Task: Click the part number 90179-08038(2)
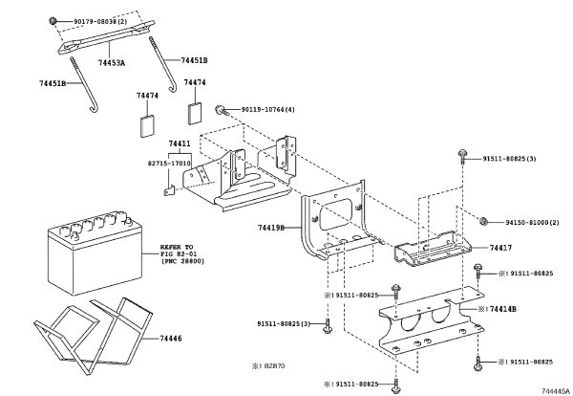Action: click(x=100, y=22)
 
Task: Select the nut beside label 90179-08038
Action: click(x=53, y=21)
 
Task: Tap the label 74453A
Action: click(x=112, y=63)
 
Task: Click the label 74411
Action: click(x=180, y=143)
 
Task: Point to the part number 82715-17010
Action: click(x=169, y=164)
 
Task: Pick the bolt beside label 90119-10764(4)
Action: click(x=221, y=109)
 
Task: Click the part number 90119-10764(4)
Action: click(x=267, y=109)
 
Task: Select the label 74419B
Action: click(x=271, y=228)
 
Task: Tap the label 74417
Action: click(x=500, y=248)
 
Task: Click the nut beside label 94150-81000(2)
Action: click(x=483, y=221)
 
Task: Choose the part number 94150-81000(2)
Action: click(x=533, y=222)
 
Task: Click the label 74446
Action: click(x=171, y=339)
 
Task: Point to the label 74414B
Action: click(x=503, y=309)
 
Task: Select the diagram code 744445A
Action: click(x=556, y=391)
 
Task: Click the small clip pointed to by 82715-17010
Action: click(x=168, y=190)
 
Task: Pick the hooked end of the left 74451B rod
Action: click(x=94, y=108)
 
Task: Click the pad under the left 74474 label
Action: click(x=148, y=126)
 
